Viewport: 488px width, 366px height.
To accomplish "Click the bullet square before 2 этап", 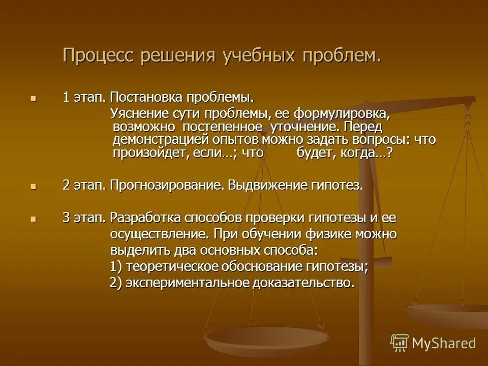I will point(34,187).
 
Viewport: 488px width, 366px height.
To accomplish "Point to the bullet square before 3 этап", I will point(34,219).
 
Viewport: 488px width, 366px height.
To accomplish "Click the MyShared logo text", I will point(444,343).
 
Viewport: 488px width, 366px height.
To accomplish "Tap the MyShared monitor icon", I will point(400,343).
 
